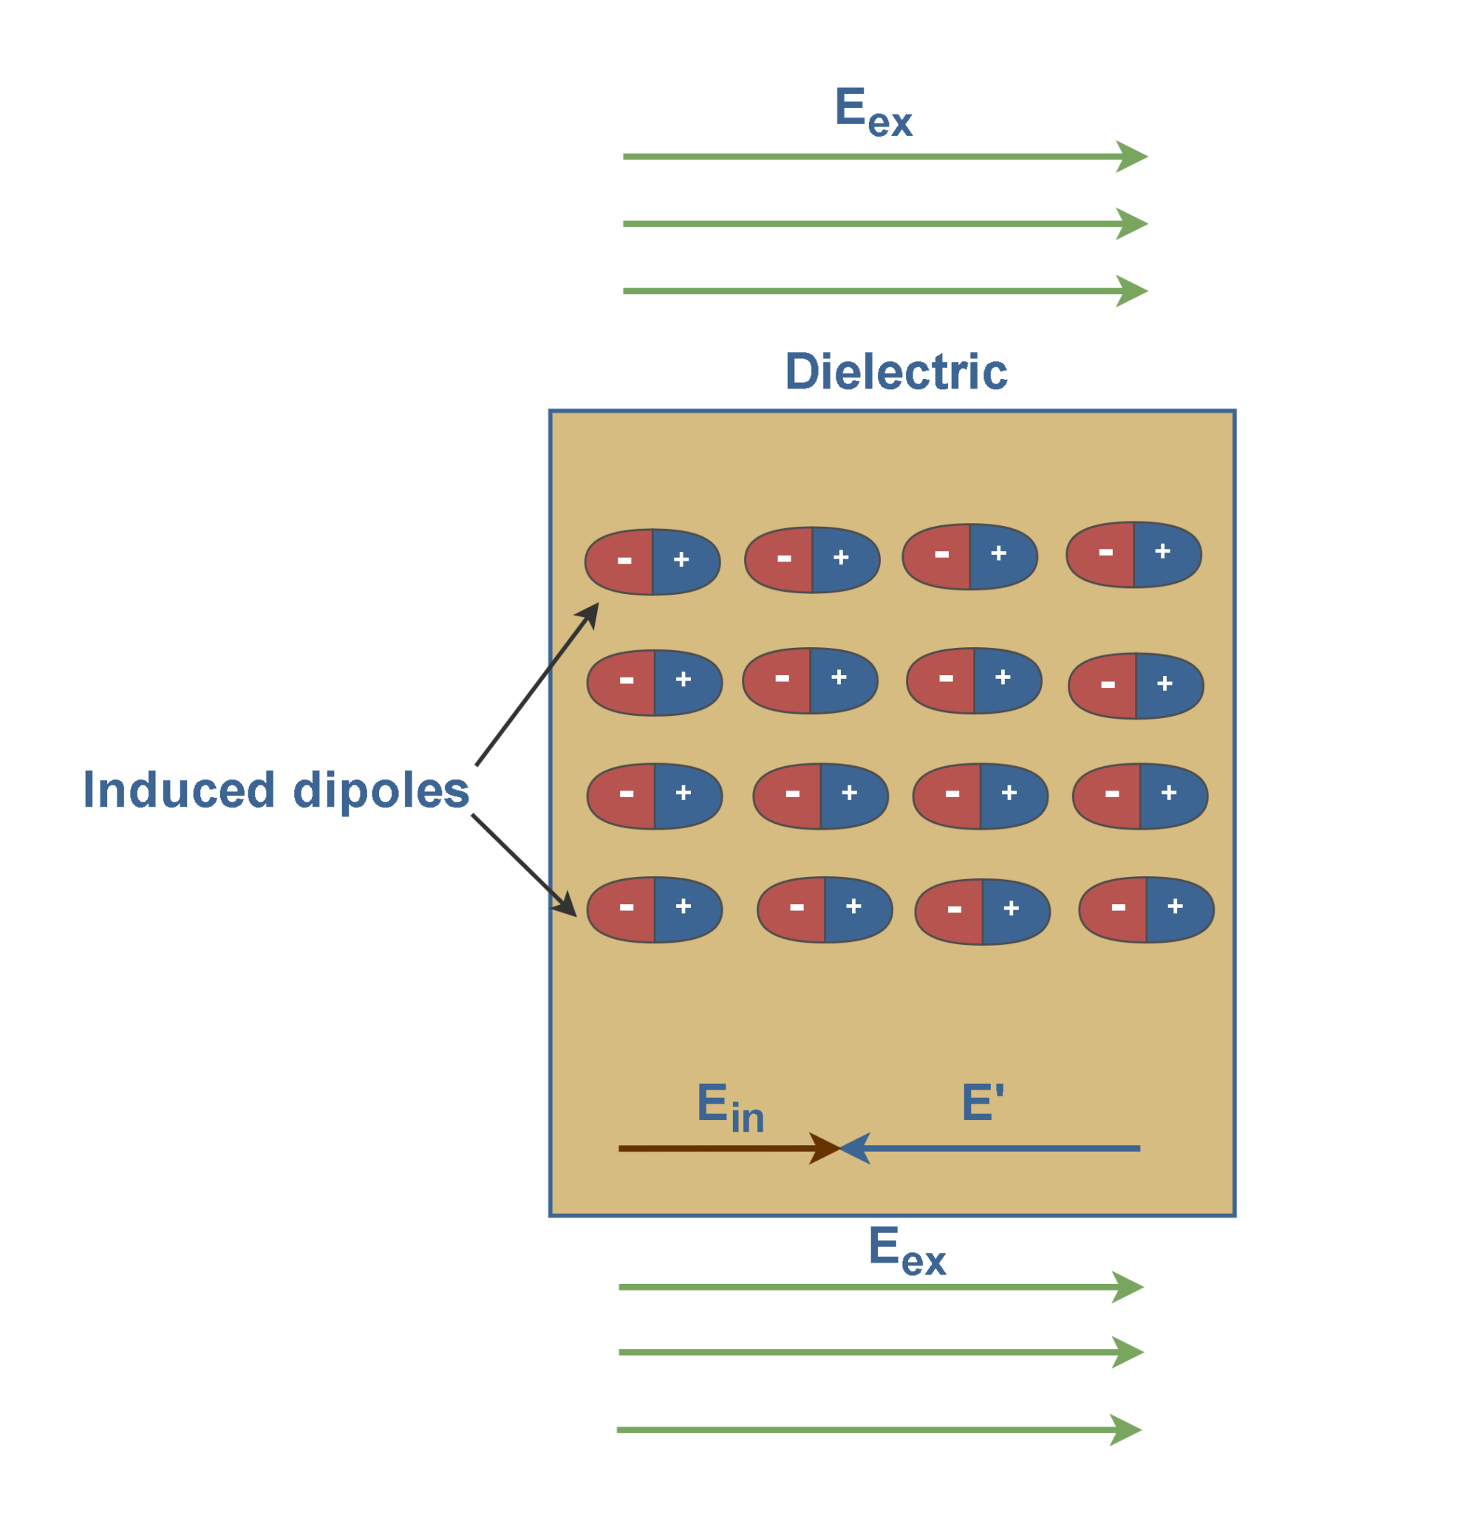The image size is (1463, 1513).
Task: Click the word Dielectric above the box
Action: [x=896, y=372]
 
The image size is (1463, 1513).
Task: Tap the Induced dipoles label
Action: [x=276, y=790]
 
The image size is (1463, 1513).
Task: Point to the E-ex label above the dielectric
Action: [x=873, y=112]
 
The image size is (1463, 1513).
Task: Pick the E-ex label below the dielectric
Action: [x=907, y=1251]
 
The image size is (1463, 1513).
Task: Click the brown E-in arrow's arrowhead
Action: [x=825, y=1148]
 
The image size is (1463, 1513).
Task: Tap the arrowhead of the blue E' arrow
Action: [x=856, y=1148]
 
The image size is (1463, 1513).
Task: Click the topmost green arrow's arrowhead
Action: [x=1132, y=157]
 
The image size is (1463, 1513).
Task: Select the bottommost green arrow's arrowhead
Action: [x=1125, y=1430]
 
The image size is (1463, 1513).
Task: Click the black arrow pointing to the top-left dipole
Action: [x=536, y=685]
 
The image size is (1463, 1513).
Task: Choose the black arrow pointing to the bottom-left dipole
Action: [x=523, y=864]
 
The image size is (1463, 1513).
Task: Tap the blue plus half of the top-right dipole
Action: [x=1165, y=553]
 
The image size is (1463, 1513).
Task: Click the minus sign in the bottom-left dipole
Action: [x=626, y=907]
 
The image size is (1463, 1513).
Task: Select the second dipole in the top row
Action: [x=812, y=560]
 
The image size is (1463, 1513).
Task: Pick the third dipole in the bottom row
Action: [x=982, y=912]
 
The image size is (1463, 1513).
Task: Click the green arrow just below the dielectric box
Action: [x=880, y=1287]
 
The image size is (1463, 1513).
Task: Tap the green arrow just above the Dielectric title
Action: [x=884, y=291]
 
